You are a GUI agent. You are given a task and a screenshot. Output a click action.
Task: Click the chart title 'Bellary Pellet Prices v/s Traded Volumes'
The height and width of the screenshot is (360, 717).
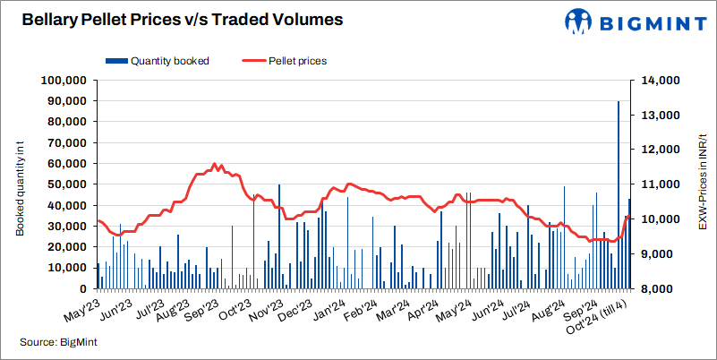[175, 18]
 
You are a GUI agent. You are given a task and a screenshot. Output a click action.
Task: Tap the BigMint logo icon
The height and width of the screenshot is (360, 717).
[577, 21]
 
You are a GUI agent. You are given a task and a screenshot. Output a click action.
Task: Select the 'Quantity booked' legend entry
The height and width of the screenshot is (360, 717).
[158, 61]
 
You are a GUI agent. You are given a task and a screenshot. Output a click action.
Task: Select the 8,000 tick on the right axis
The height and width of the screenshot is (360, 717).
[661, 289]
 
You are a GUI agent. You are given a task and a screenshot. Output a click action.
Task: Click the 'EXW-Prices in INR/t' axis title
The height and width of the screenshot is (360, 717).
[702, 184]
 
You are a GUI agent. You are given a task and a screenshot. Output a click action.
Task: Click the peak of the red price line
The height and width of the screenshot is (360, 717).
[214, 164]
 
